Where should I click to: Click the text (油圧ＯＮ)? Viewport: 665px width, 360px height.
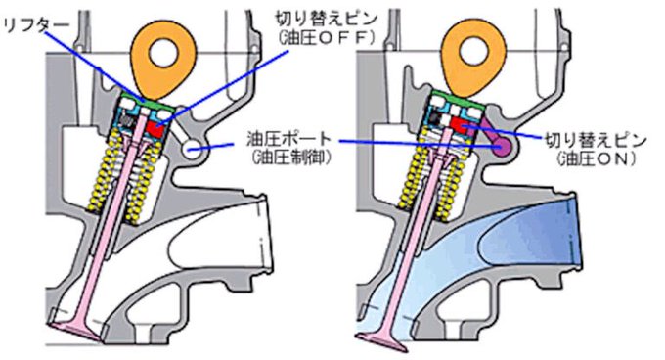[589, 157]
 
